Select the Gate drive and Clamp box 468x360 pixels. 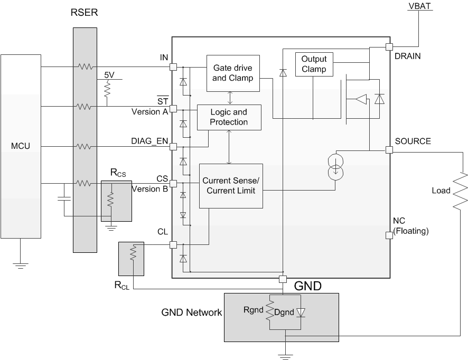[232, 73]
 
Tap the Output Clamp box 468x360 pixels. [314, 64]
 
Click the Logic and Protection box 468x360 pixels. [229, 117]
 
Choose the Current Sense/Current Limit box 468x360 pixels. [231, 185]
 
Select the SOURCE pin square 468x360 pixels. [389, 150]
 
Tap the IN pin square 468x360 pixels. [172, 67]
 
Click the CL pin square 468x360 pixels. [172, 244]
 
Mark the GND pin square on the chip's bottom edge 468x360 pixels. [283, 279]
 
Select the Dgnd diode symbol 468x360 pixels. [301, 312]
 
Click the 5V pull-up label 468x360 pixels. [109, 75]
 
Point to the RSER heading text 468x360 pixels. [85, 12]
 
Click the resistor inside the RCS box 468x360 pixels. [111, 200]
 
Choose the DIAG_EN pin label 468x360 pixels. [149, 141]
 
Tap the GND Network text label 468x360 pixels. [191, 312]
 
